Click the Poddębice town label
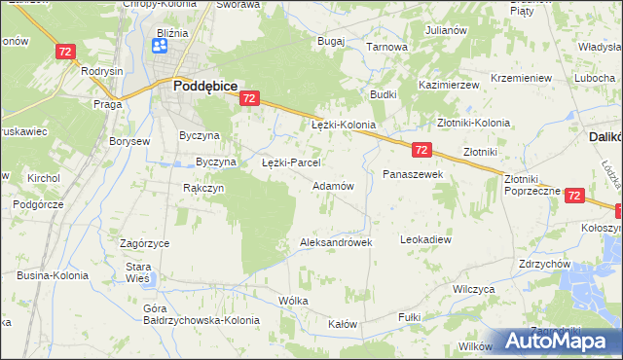pyautogui.click(x=205, y=86)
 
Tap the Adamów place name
pyautogui.click(x=332, y=185)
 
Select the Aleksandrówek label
pyautogui.click(x=337, y=242)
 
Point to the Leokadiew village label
pyautogui.click(x=426, y=238)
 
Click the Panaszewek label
pyautogui.click(x=413, y=174)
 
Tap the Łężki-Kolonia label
pyautogui.click(x=343, y=126)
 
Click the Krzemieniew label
pyautogui.click(x=522, y=78)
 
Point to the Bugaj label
pyautogui.click(x=332, y=42)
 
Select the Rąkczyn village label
pyautogui.click(x=203, y=188)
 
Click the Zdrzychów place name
pyautogui.click(x=544, y=264)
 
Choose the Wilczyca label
pyautogui.click(x=475, y=290)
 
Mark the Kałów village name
pyautogui.click(x=343, y=324)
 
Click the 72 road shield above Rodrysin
pyautogui.click(x=66, y=52)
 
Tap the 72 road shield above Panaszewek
pyautogui.click(x=421, y=150)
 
